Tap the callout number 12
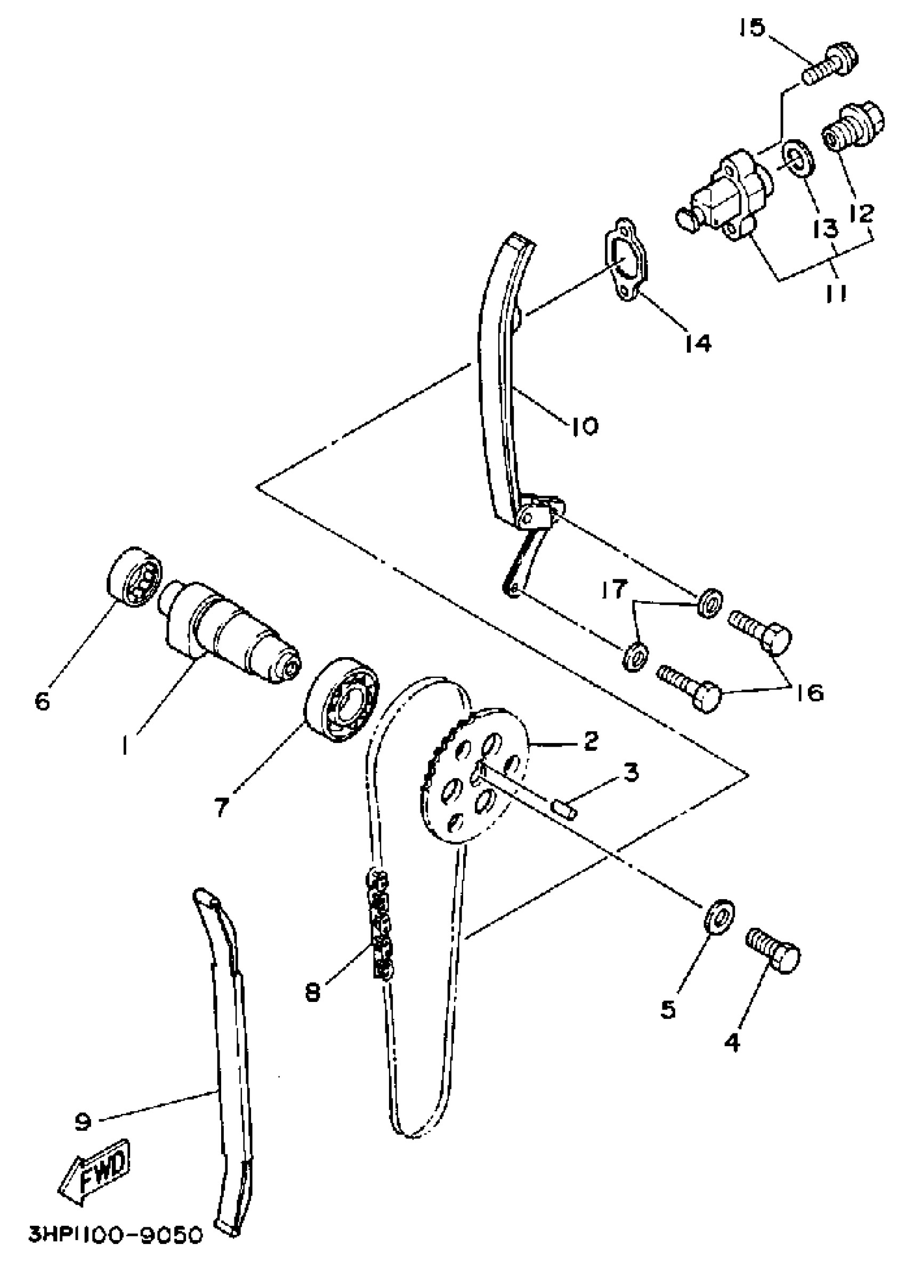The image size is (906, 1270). pyautogui.click(x=862, y=213)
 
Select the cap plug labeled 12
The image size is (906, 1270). pyautogui.click(x=851, y=127)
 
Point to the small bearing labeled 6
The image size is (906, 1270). pyautogui.click(x=134, y=577)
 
